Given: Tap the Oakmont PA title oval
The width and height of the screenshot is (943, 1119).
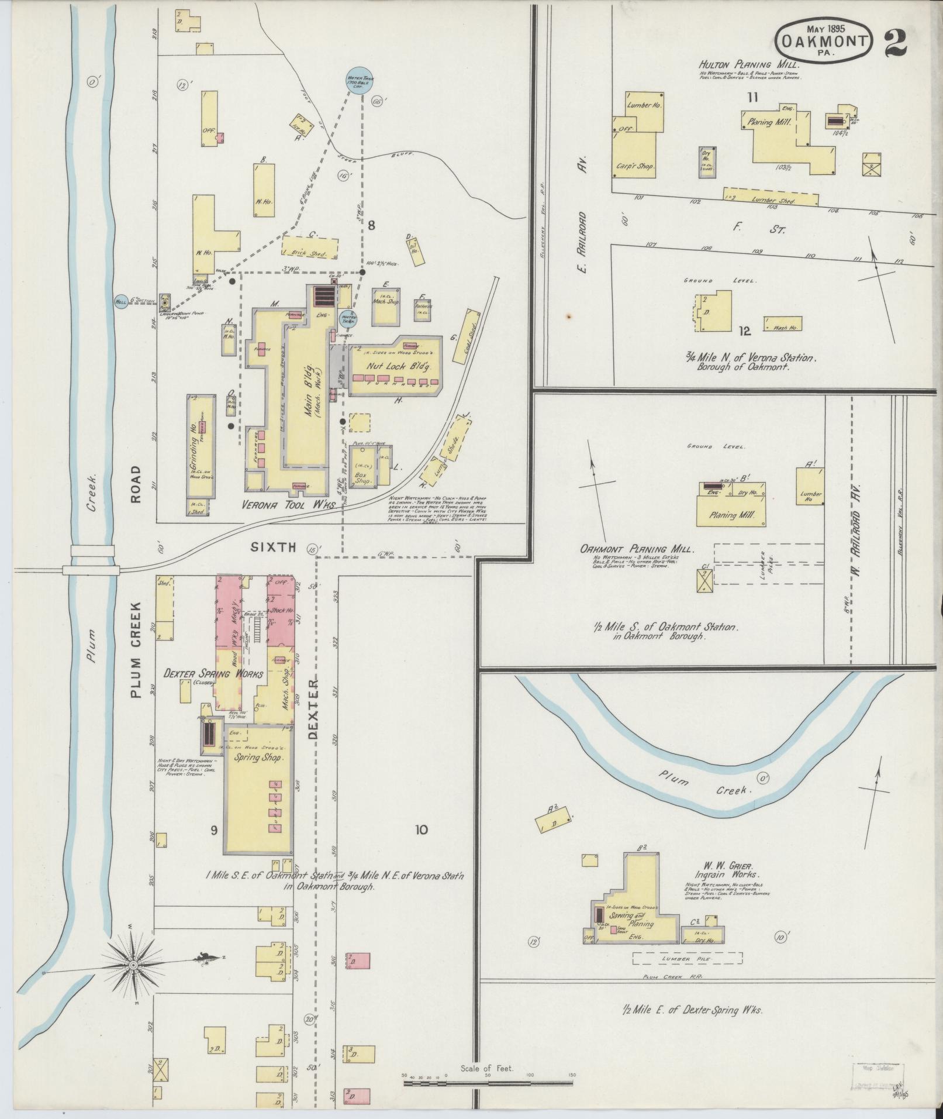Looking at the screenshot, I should [x=824, y=39].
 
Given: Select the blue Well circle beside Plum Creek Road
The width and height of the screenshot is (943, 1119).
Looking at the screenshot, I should [x=122, y=301].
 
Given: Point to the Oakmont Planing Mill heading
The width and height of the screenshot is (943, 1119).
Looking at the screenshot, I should [x=637, y=550].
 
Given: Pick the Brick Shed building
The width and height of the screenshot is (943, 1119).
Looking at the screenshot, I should [x=310, y=248].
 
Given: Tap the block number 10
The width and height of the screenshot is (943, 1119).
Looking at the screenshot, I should [x=422, y=829].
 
